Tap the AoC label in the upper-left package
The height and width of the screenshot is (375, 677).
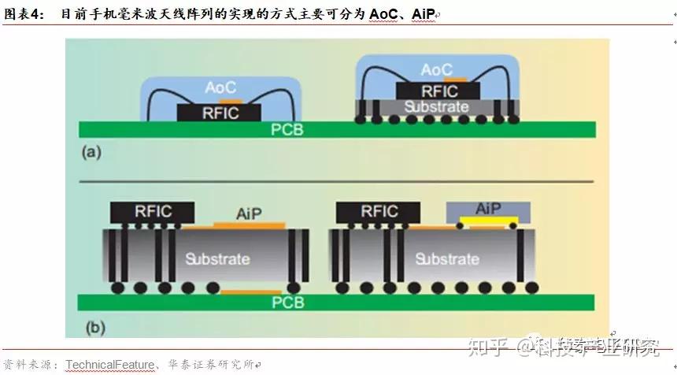pyautogui.click(x=220, y=88)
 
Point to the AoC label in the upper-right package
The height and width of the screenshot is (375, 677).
pyautogui.click(x=436, y=71)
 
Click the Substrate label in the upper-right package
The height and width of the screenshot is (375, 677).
pyautogui.click(x=436, y=106)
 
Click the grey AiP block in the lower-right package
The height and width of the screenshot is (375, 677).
pyautogui.click(x=488, y=209)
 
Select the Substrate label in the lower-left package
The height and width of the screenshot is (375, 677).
pyautogui.click(x=217, y=258)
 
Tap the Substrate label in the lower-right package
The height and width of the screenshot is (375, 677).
pyautogui.click(x=446, y=258)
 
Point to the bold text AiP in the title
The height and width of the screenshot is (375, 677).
pyautogui.click(x=424, y=15)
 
